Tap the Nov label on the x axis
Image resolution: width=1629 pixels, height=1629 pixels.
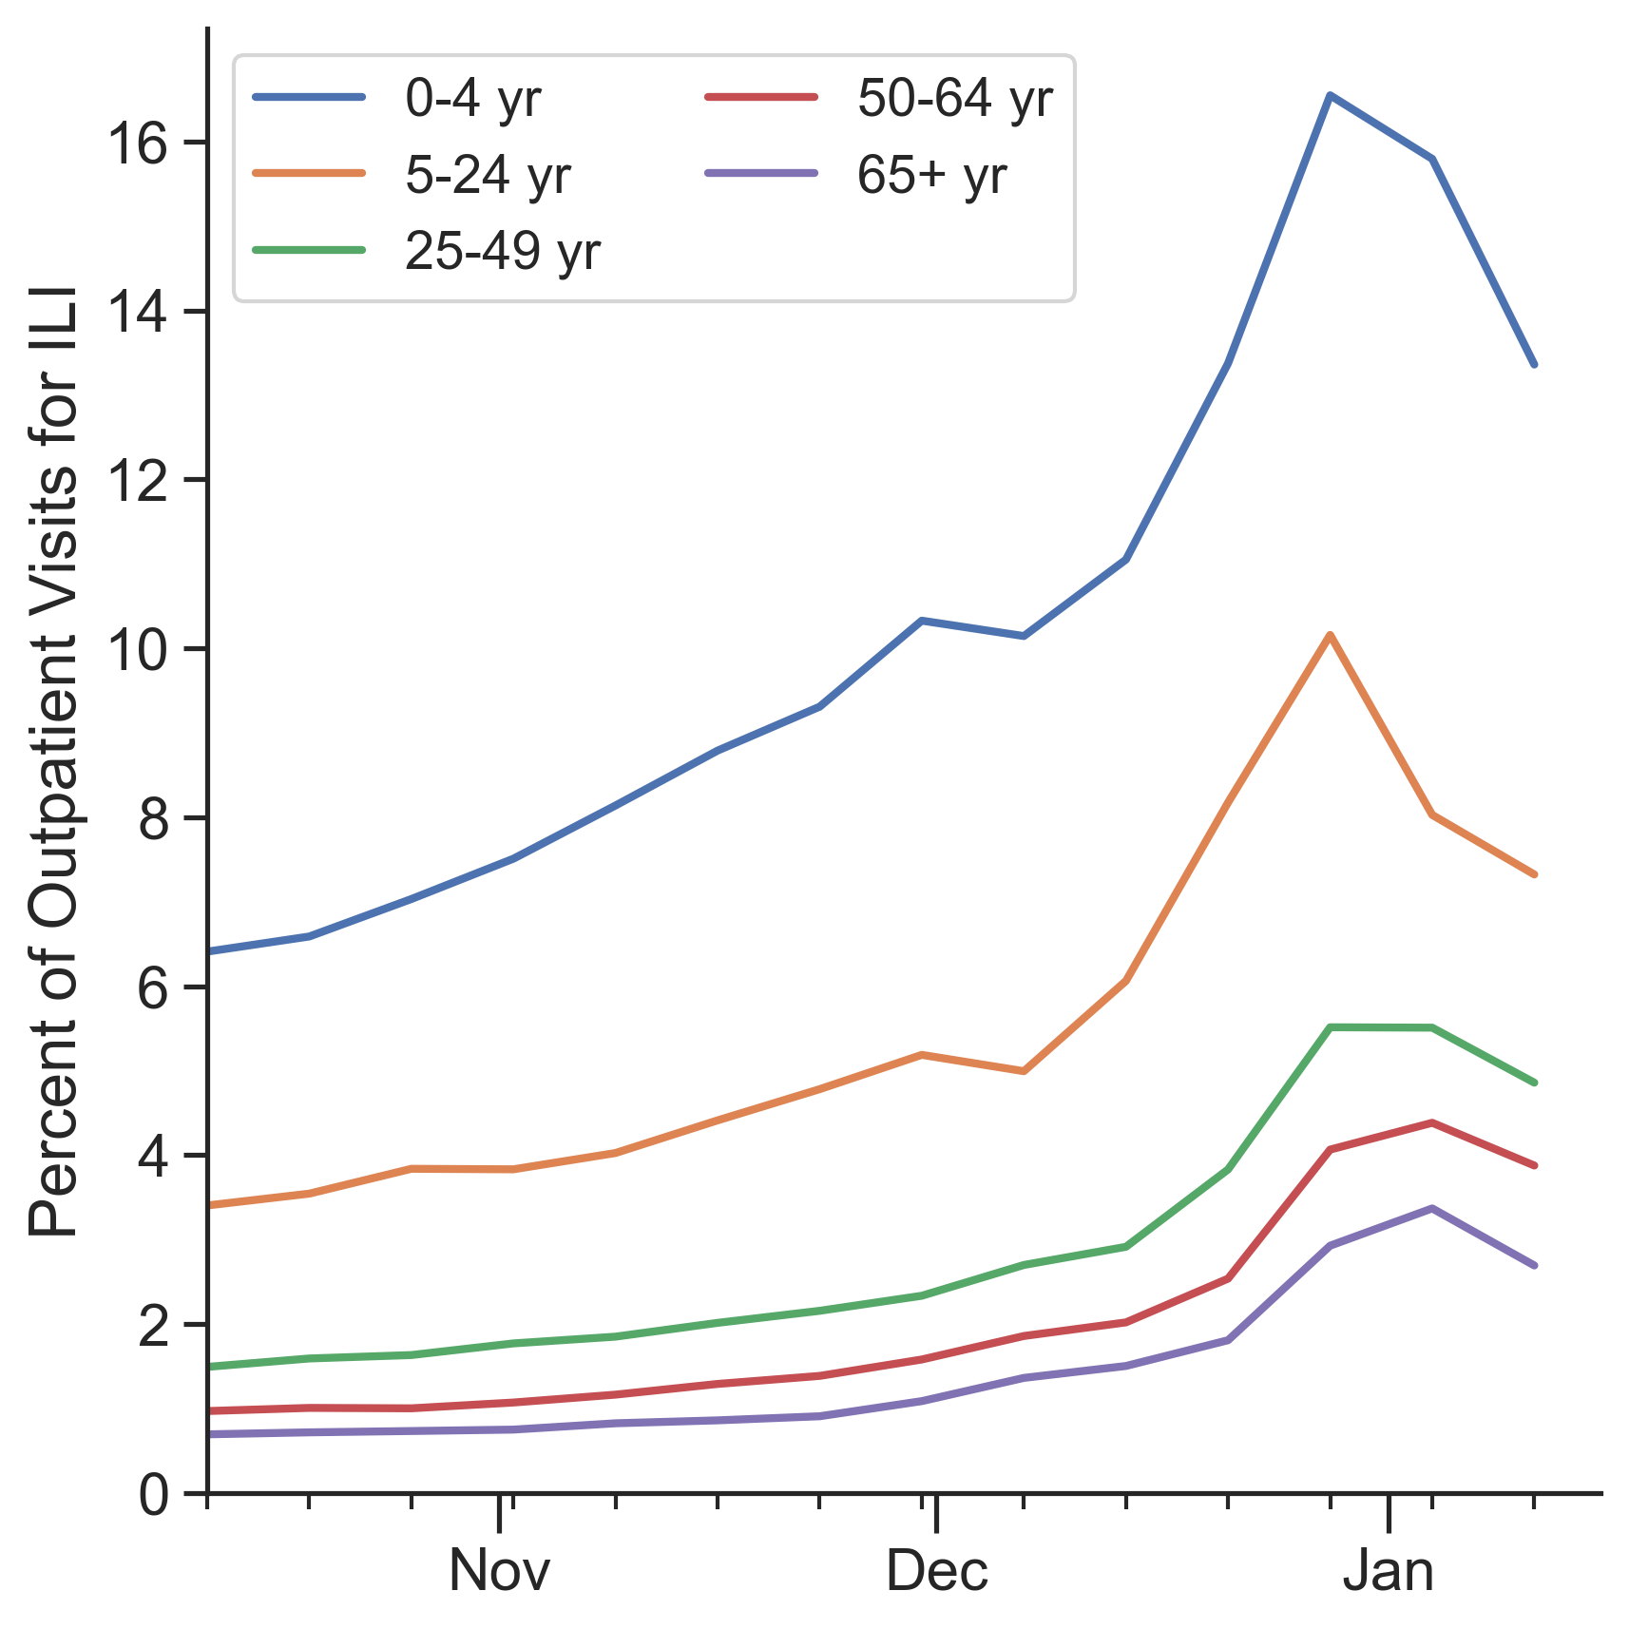(x=499, y=1571)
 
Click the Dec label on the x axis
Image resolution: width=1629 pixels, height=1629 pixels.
(x=937, y=1571)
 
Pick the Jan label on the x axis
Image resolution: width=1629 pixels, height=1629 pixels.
(x=1389, y=1571)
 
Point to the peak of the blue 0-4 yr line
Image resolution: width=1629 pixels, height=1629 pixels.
(x=1330, y=95)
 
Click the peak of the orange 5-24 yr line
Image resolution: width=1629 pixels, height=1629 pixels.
(x=1330, y=635)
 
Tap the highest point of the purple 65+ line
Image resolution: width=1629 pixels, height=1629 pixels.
(x=1431, y=1208)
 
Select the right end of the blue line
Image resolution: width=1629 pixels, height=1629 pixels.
(x=1534, y=364)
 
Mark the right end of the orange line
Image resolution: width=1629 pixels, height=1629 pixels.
(x=1534, y=874)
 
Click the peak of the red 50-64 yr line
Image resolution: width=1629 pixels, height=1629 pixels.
(x=1431, y=1122)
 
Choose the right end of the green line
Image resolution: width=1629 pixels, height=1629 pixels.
(x=1534, y=1083)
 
